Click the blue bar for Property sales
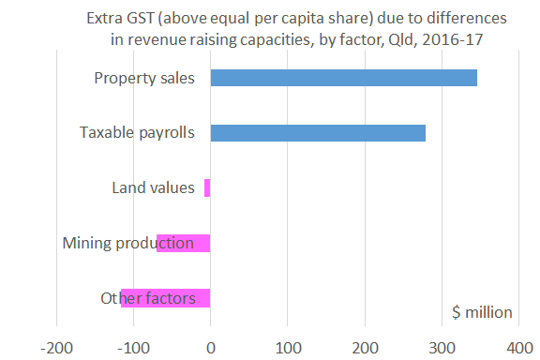click(x=343, y=78)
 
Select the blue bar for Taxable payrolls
click(x=318, y=132)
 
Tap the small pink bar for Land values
click(x=207, y=187)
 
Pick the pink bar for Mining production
click(x=184, y=243)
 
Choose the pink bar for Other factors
click(x=166, y=298)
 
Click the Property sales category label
click(x=144, y=78)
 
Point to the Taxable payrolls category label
click(x=137, y=132)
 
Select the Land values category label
click(x=153, y=187)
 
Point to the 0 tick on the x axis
click(x=211, y=345)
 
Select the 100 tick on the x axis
click(x=288, y=345)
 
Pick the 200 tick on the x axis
click(x=365, y=345)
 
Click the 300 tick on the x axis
click(x=442, y=345)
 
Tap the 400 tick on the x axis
click(x=518, y=345)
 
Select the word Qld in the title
click(x=400, y=39)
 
